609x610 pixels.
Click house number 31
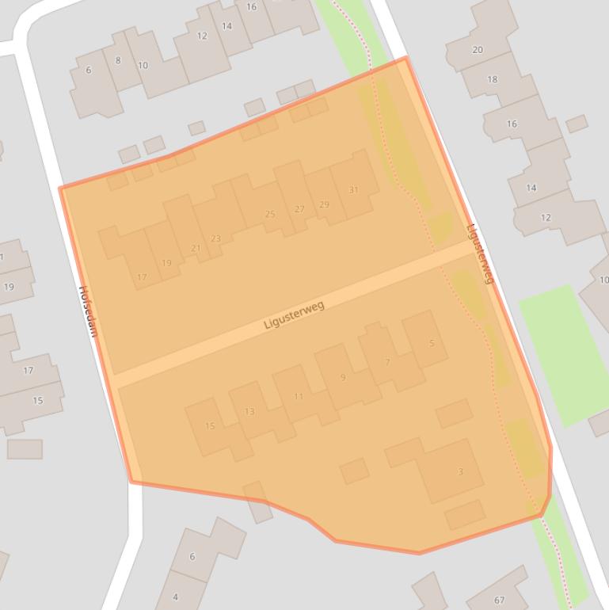(353, 190)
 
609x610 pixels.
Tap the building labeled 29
(324, 204)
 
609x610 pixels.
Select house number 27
(299, 209)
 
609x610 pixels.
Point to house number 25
(270, 214)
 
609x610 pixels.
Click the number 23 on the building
(215, 238)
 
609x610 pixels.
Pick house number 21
(196, 248)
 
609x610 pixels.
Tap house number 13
(249, 411)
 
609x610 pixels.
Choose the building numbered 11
(299, 396)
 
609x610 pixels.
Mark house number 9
(343, 377)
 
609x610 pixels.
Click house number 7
(387, 362)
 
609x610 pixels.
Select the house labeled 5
(432, 343)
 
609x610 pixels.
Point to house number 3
(460, 472)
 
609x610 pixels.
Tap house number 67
(499, 600)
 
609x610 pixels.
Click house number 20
(478, 50)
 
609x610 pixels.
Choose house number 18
(493, 79)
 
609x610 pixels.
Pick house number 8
(118, 60)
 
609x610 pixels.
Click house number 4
(175, 597)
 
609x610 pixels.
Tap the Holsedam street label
(87, 311)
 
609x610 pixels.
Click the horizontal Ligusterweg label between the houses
(294, 315)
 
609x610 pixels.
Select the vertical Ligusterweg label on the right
(480, 254)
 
